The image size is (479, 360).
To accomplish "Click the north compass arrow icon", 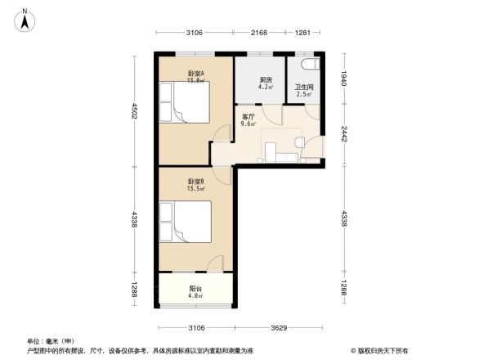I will (26, 19).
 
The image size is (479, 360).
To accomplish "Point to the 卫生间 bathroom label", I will (303, 88).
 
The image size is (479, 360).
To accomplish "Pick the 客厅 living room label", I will (248, 115).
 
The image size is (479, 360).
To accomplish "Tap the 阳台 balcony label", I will (195, 288).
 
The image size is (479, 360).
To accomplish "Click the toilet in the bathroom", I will (309, 64).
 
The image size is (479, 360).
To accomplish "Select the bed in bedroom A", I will (186, 104).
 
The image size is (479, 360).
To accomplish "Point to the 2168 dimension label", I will (260, 33).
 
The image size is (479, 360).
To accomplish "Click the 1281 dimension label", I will (303, 33).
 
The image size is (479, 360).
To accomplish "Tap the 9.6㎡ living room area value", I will (248, 124).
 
